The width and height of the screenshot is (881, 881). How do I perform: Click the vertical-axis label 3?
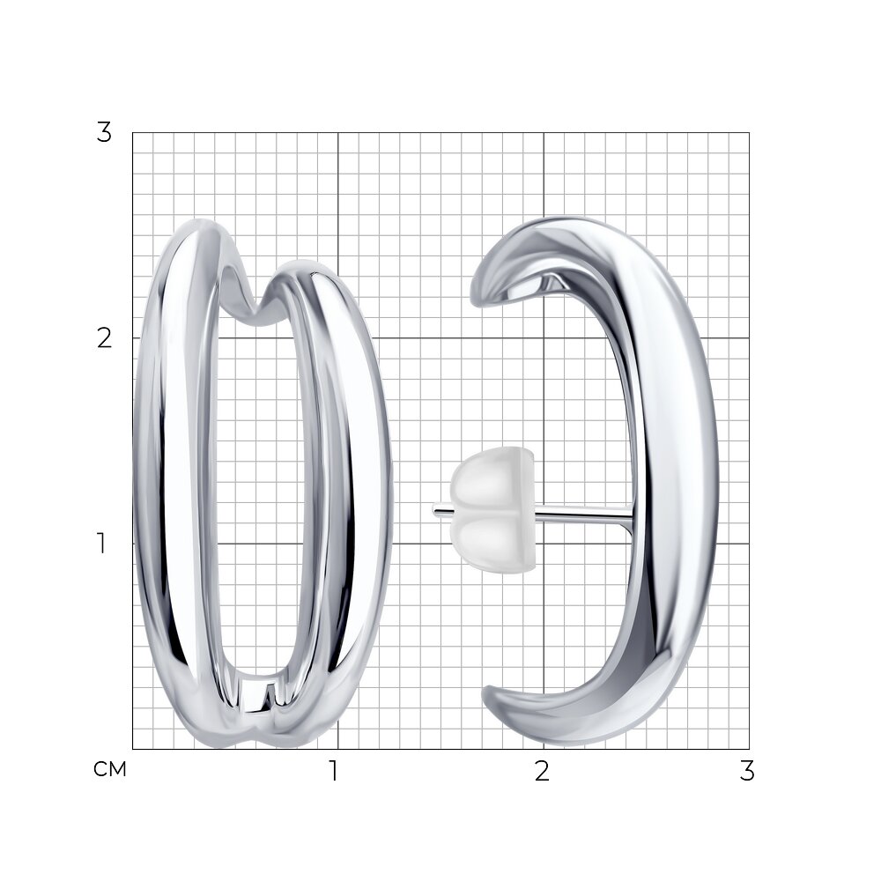point(104,133)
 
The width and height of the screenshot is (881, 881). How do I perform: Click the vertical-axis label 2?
point(105,338)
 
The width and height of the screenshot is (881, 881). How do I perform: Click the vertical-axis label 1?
point(101,544)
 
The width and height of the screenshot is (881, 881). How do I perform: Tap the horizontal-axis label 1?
point(334,772)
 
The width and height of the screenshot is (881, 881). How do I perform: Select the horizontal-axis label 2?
point(542,772)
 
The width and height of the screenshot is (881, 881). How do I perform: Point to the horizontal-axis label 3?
point(747,772)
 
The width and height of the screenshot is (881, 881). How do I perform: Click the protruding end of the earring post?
point(435,510)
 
